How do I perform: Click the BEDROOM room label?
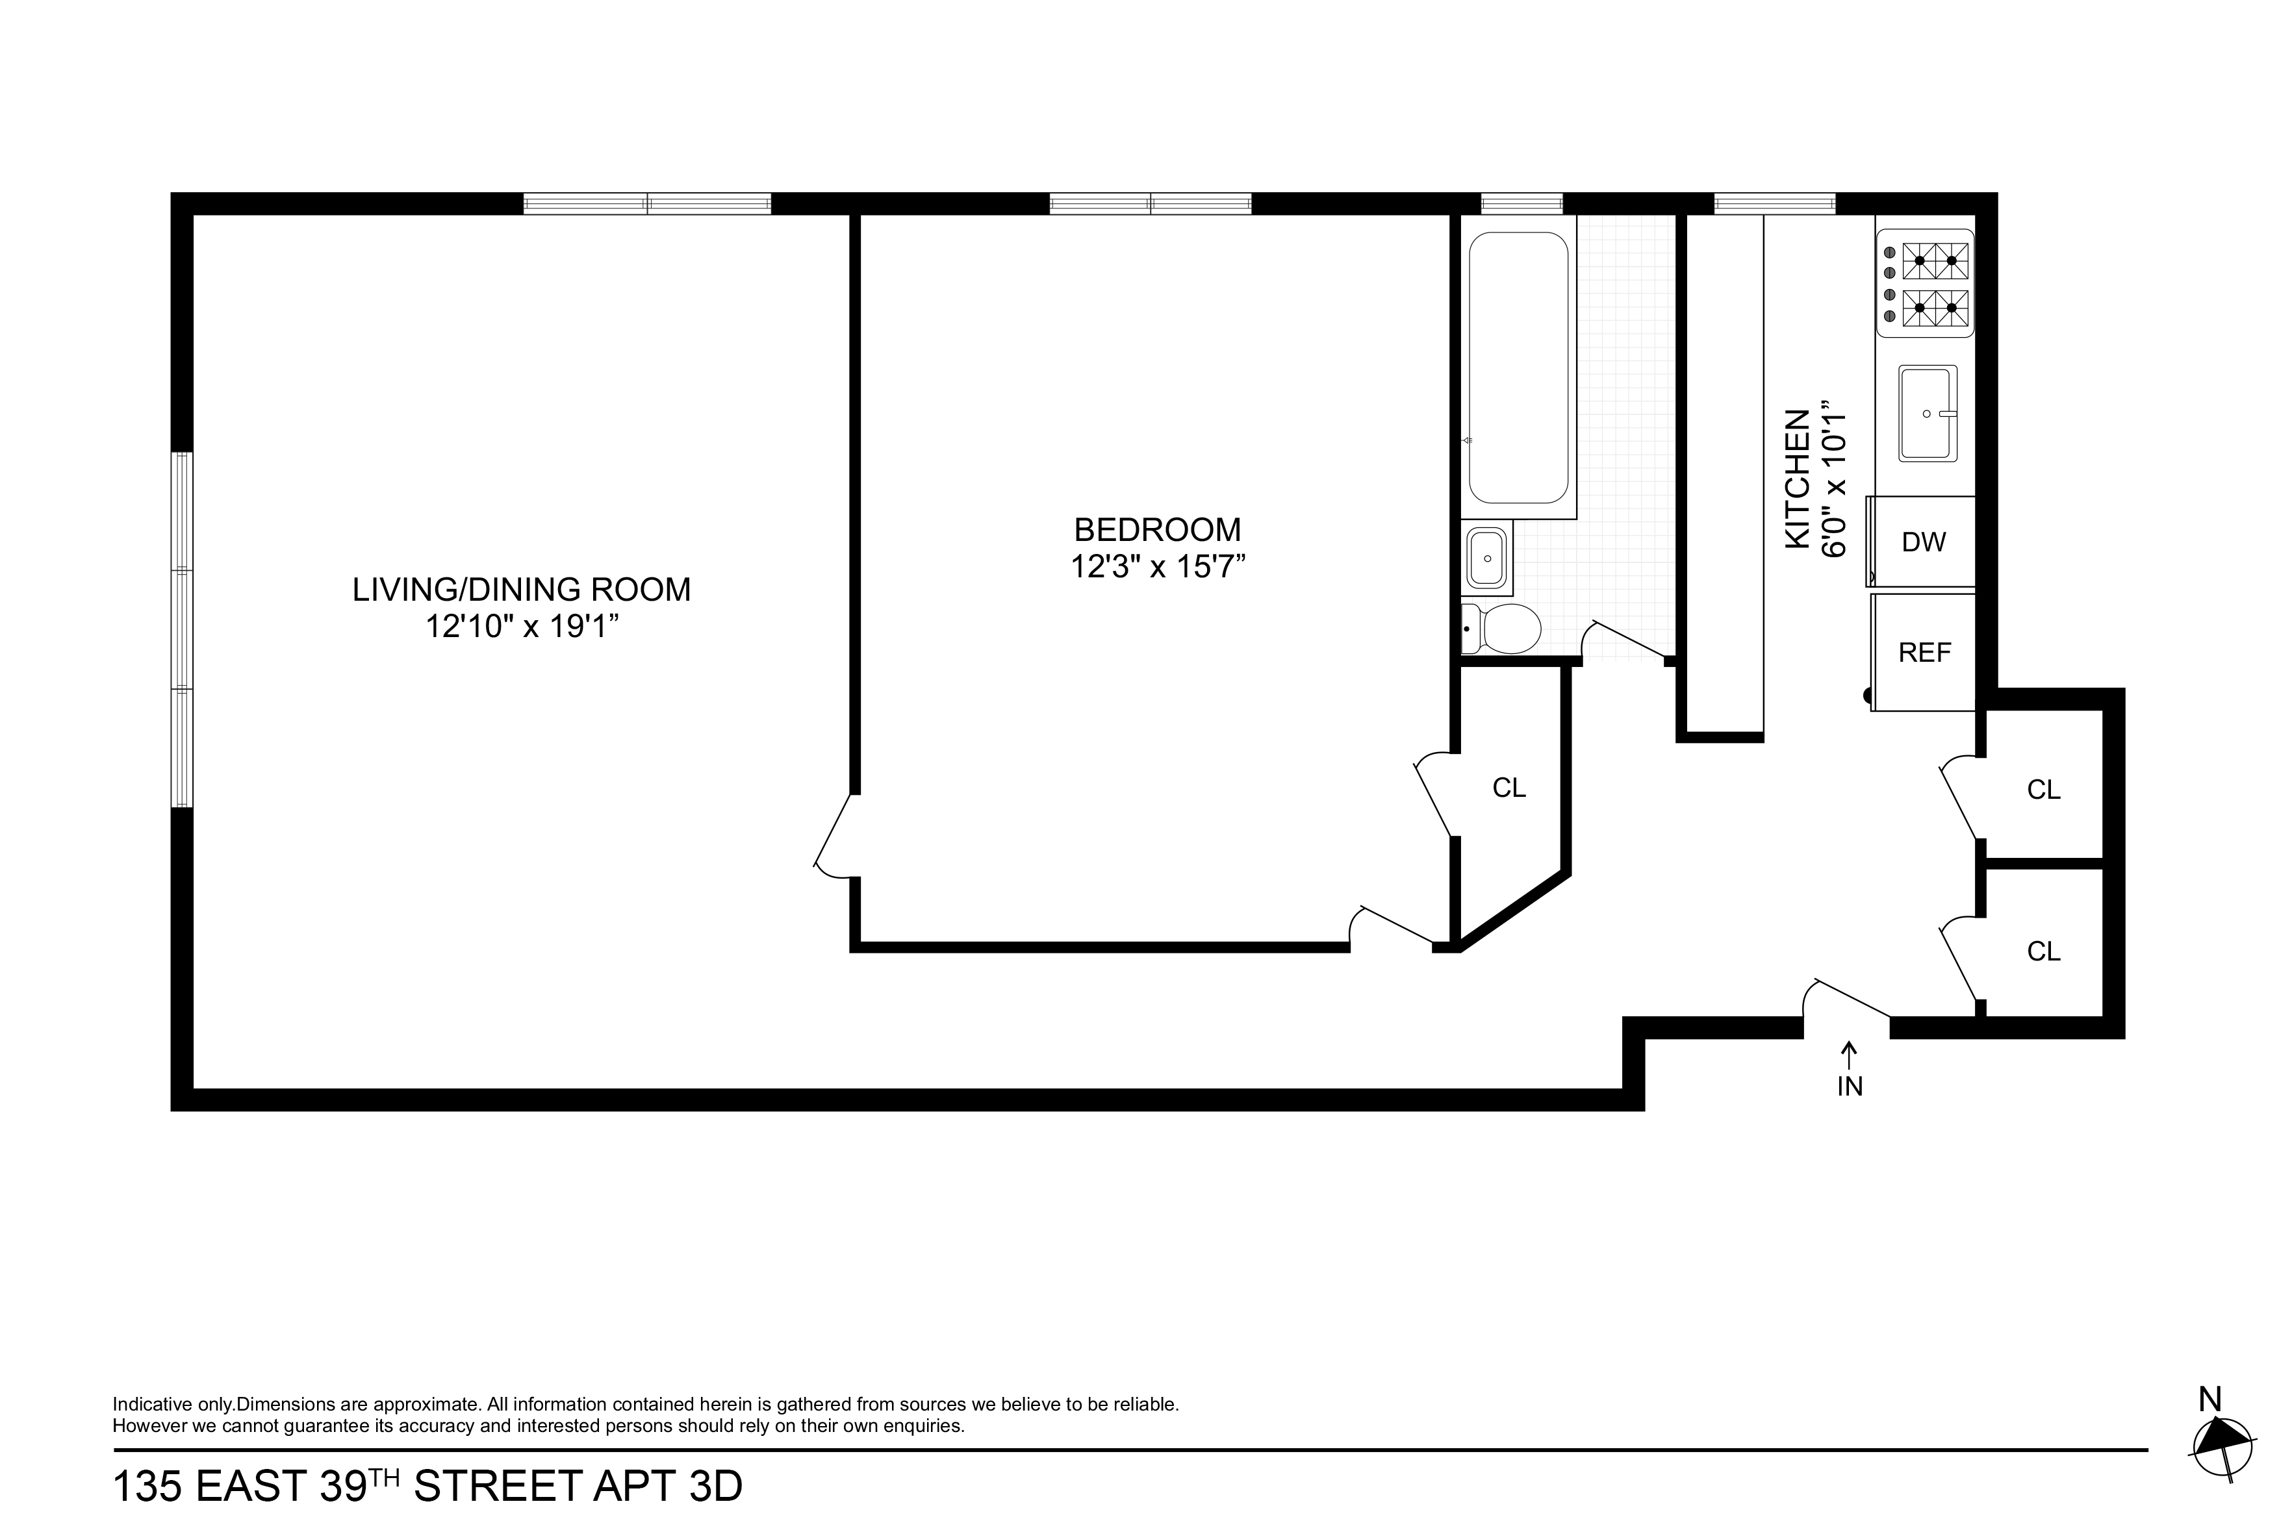click(1157, 530)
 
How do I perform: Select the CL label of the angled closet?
click(1510, 788)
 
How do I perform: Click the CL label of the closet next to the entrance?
click(2044, 952)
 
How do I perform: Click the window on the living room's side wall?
click(182, 630)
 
